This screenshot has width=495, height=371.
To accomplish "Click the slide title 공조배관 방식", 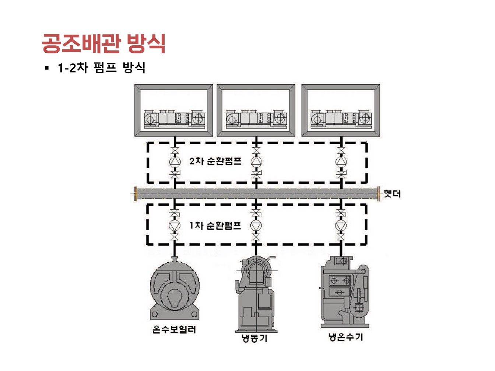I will [x=103, y=43].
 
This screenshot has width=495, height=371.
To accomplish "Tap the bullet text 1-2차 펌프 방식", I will [x=101, y=68].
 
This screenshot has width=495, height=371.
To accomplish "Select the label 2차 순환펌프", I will [x=215, y=161].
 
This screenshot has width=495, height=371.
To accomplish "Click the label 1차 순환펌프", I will [x=215, y=225].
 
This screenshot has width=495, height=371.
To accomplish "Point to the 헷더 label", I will [x=392, y=194].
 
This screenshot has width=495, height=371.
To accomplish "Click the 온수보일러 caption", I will [x=174, y=329].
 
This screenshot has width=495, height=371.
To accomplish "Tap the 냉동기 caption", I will [x=254, y=338].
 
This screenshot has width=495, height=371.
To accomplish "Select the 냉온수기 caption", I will [x=345, y=337].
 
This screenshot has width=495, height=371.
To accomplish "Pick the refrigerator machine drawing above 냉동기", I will [x=255, y=294].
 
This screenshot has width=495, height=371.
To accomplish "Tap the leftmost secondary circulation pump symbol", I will [x=175, y=162].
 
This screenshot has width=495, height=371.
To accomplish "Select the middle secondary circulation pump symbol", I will [x=256, y=162].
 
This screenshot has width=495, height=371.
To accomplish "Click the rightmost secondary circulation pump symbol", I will [x=341, y=162].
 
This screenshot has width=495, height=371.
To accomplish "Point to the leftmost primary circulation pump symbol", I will [x=175, y=225].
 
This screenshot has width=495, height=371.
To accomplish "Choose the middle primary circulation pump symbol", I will [x=256, y=225].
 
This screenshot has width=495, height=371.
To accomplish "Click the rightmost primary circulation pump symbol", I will [x=341, y=225].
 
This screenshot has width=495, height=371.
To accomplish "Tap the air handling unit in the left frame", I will [x=174, y=119].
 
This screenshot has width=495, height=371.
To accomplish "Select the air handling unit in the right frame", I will [x=341, y=119].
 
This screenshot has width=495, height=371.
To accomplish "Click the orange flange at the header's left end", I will [x=136, y=194].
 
